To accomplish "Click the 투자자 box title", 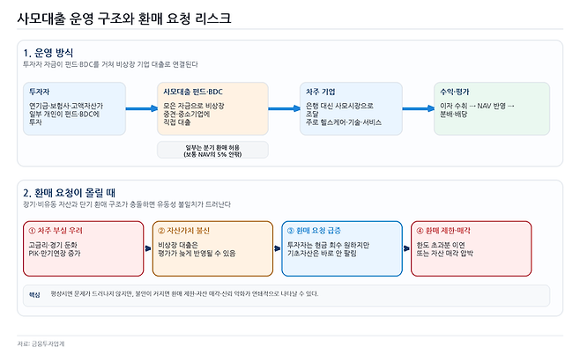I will click(x=40, y=92).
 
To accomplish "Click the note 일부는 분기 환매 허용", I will click(x=212, y=144).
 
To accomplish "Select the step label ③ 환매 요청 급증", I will click(x=313, y=231).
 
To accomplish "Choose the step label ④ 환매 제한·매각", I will click(x=443, y=231).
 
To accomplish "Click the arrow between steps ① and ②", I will click(x=148, y=248).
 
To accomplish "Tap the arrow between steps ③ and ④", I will click(x=406, y=248).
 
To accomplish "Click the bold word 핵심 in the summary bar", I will click(x=36, y=294).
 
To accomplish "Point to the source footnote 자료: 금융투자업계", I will click(x=41, y=344).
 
